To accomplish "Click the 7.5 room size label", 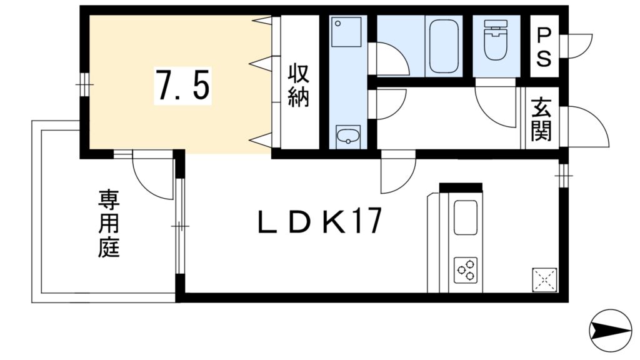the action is click(x=182, y=85).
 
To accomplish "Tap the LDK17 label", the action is click(x=319, y=222).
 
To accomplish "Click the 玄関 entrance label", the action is click(x=542, y=119).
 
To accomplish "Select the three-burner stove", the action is click(x=466, y=269).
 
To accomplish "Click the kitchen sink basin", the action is click(x=466, y=217).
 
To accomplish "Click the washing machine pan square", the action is click(x=346, y=32).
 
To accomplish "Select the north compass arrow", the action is click(x=611, y=330).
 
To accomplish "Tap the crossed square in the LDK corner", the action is click(x=545, y=279).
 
